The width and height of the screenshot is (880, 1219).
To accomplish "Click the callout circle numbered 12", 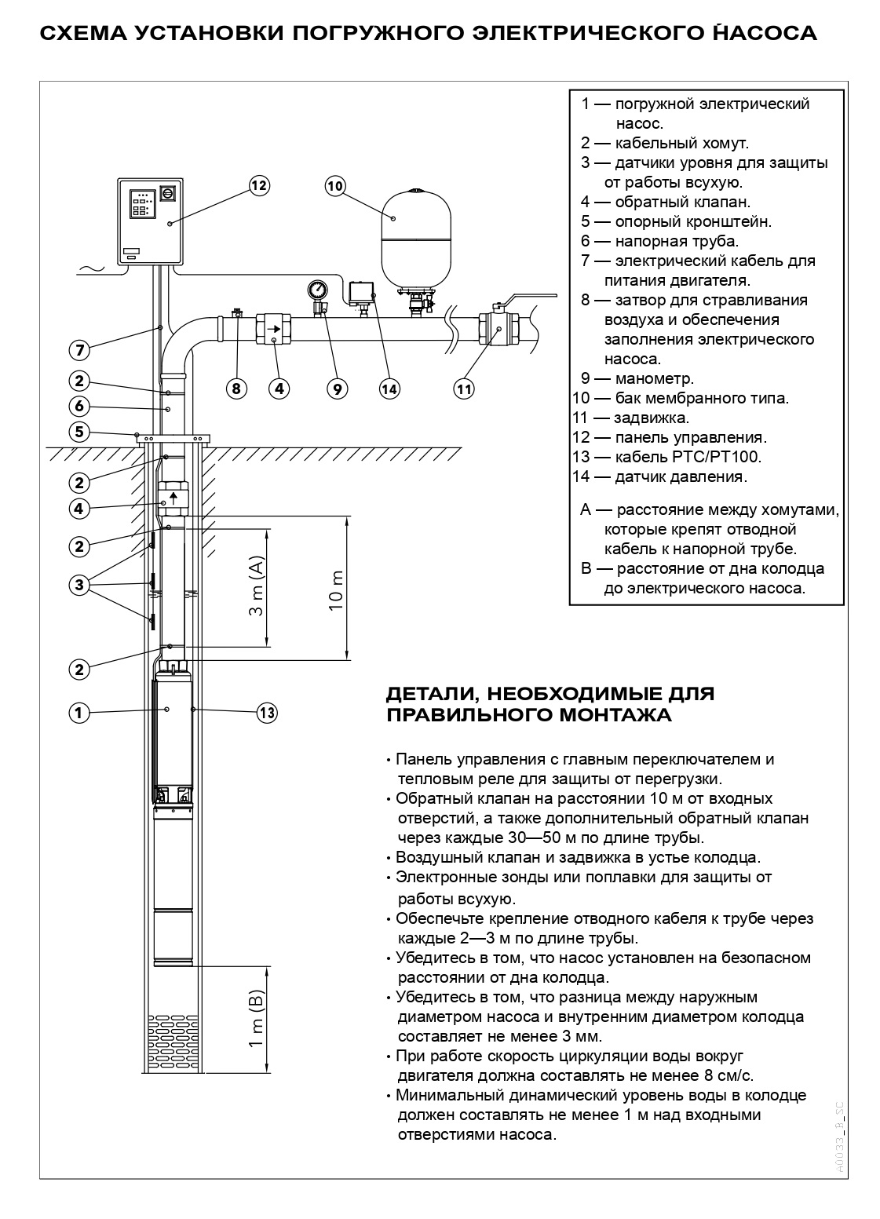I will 258,185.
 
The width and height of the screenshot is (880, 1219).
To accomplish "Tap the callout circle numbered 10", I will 335,185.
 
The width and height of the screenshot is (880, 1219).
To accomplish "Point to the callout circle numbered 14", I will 389,388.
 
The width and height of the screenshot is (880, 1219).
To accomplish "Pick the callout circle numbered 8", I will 236,388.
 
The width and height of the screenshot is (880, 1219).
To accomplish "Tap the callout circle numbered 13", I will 267,713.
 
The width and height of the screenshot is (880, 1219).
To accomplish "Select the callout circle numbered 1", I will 79,713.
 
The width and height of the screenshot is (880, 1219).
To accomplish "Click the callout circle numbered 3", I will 79,584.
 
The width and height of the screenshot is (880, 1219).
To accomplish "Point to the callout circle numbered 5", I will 79,432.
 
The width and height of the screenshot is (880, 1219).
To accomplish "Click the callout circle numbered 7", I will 79,349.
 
